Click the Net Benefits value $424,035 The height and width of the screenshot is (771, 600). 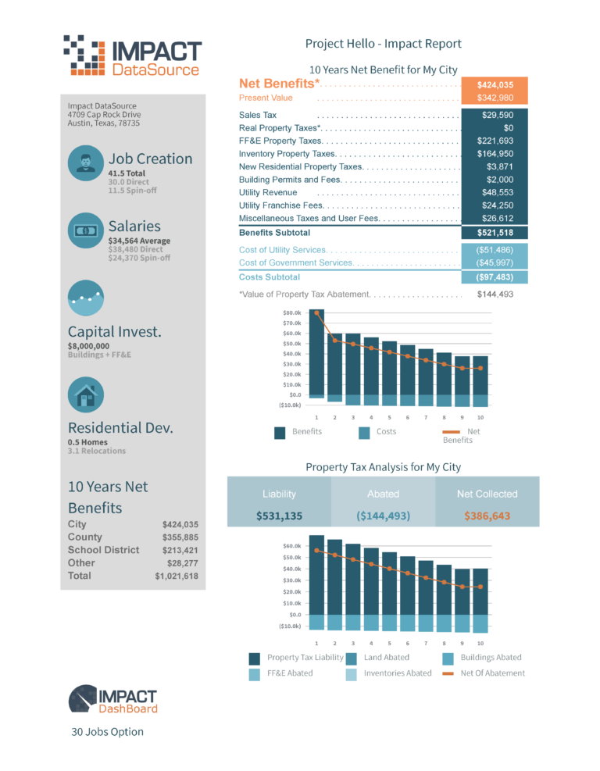click(495, 85)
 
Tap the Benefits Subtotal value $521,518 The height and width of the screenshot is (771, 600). click(495, 233)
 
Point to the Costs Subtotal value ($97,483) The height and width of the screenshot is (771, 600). click(495, 277)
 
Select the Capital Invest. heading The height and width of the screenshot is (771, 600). click(115, 331)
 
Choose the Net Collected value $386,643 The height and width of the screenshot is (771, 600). click(487, 516)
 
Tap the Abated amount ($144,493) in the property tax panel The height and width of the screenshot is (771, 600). click(383, 516)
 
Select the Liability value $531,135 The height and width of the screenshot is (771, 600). click(279, 516)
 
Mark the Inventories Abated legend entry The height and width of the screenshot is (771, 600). click(397, 673)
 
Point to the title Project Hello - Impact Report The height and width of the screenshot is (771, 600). click(383, 45)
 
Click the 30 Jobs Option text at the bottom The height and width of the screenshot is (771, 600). click(107, 732)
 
